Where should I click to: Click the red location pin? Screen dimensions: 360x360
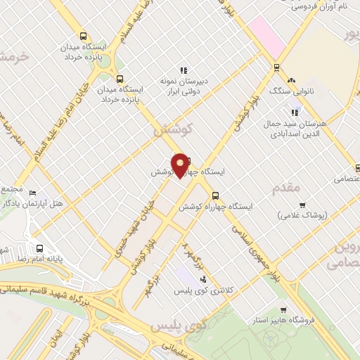(180, 165)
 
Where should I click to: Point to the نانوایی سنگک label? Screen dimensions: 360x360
(289, 91)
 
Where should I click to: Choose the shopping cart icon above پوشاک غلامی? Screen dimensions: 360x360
(302, 205)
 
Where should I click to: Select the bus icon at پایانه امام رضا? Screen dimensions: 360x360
(39, 247)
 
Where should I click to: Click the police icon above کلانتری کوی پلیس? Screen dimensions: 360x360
(203, 280)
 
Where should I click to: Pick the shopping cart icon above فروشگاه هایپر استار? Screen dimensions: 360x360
(283, 309)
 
